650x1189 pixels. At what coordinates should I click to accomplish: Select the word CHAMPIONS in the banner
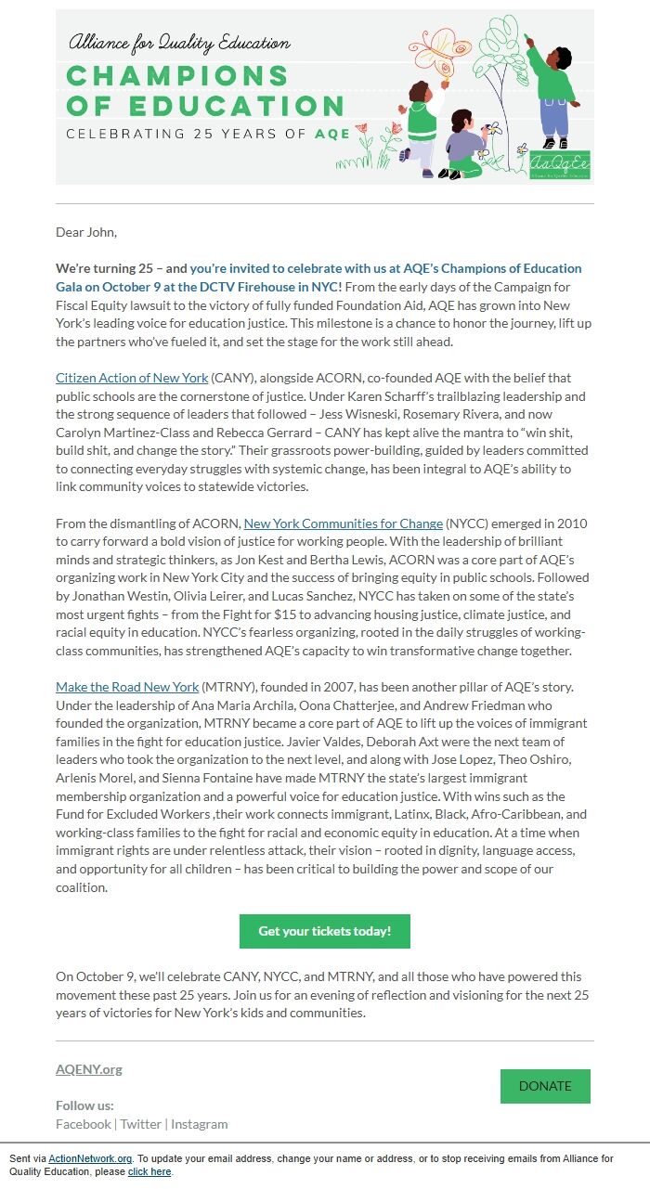click(151, 75)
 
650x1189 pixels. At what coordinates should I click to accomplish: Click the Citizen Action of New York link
click(132, 378)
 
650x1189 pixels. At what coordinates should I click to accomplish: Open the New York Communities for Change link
click(343, 523)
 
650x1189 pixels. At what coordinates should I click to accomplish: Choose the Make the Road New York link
click(127, 687)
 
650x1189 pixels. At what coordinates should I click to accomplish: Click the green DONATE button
click(545, 1086)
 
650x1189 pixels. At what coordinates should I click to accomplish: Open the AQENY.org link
click(89, 1069)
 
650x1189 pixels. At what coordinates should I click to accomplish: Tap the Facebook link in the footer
click(84, 1124)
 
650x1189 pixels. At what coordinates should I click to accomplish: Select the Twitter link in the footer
click(141, 1124)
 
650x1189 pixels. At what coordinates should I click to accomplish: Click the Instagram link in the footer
click(199, 1124)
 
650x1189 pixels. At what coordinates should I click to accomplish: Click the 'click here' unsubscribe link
click(149, 1171)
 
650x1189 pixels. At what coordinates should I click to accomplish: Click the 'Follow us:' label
click(84, 1105)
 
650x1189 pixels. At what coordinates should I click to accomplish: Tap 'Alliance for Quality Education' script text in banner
click(178, 43)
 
